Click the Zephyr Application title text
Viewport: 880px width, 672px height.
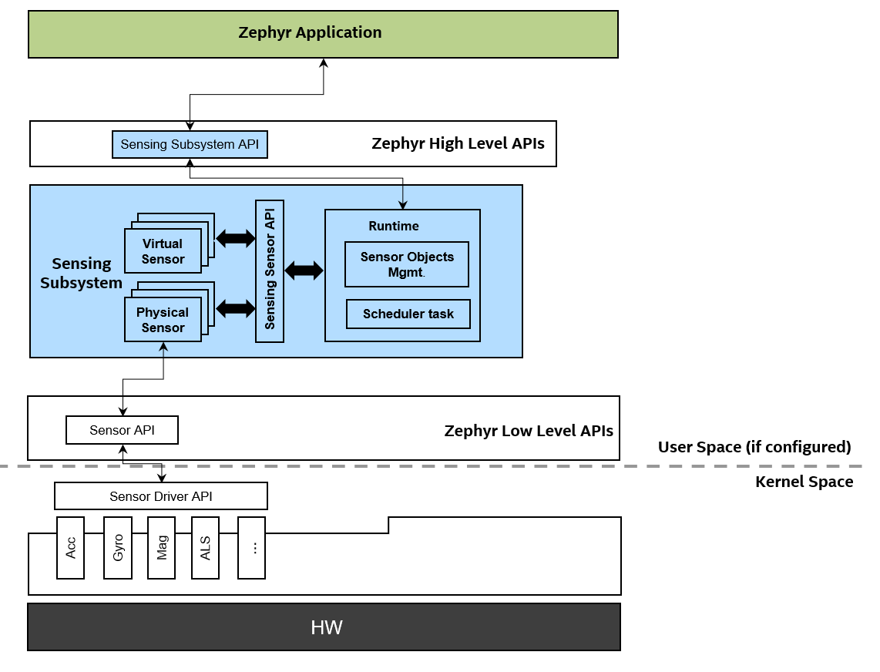point(310,32)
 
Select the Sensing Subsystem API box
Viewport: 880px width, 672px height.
point(190,144)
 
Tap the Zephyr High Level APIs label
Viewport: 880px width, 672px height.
point(458,143)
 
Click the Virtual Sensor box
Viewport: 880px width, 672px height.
point(163,251)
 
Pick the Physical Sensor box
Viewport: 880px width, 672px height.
point(163,320)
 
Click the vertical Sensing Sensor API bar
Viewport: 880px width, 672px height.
point(270,270)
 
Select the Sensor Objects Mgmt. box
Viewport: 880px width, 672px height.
point(407,264)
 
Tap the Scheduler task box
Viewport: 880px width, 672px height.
point(408,314)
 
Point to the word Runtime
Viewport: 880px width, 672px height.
point(394,226)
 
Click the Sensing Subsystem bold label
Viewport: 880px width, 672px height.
point(81,273)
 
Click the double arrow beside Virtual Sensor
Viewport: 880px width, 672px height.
point(235,239)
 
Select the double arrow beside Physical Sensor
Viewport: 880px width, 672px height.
point(235,308)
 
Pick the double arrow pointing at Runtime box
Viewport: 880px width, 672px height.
point(304,270)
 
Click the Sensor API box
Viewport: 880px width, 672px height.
point(122,430)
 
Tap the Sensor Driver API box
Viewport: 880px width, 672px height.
point(160,496)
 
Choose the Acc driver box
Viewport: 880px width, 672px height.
point(71,548)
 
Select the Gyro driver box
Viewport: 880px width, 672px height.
point(118,548)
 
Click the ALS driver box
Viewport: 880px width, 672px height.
point(205,548)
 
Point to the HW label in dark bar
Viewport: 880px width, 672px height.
point(326,627)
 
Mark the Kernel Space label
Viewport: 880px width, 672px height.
point(804,482)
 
